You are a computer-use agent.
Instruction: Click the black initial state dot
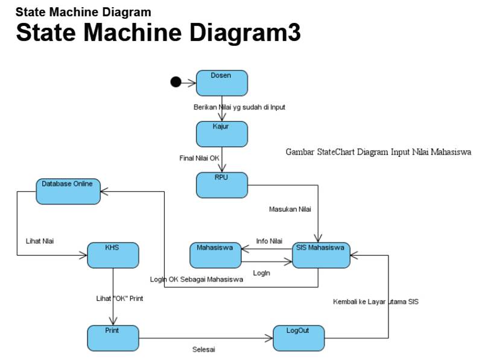coord(176,82)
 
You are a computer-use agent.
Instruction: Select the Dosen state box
coord(221,83)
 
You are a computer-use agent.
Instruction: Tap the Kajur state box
coord(221,134)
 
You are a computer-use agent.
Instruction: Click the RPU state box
coord(221,185)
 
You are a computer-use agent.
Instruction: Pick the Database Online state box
coord(68,191)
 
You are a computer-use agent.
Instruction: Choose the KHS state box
coord(113,255)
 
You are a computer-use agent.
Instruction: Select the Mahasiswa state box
coord(215,255)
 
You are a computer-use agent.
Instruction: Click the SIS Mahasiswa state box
coord(321,255)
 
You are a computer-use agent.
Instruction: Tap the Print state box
coord(113,338)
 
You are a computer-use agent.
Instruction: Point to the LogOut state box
coord(299,338)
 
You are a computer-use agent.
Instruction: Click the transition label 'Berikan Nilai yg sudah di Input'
coord(239,107)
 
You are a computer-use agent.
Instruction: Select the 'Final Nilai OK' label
coord(198,158)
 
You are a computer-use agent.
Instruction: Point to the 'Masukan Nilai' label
coord(290,209)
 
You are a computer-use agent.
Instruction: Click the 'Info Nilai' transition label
coord(269,241)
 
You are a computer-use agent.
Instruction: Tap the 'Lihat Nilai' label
coord(39,241)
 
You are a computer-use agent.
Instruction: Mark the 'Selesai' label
coord(203,349)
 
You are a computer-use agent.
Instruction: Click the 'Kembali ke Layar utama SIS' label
coord(375,302)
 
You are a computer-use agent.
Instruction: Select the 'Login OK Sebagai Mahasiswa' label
coord(196,279)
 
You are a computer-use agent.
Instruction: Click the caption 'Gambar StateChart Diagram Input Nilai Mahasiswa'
coord(378,152)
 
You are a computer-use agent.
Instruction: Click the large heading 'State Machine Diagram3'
coord(158,33)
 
